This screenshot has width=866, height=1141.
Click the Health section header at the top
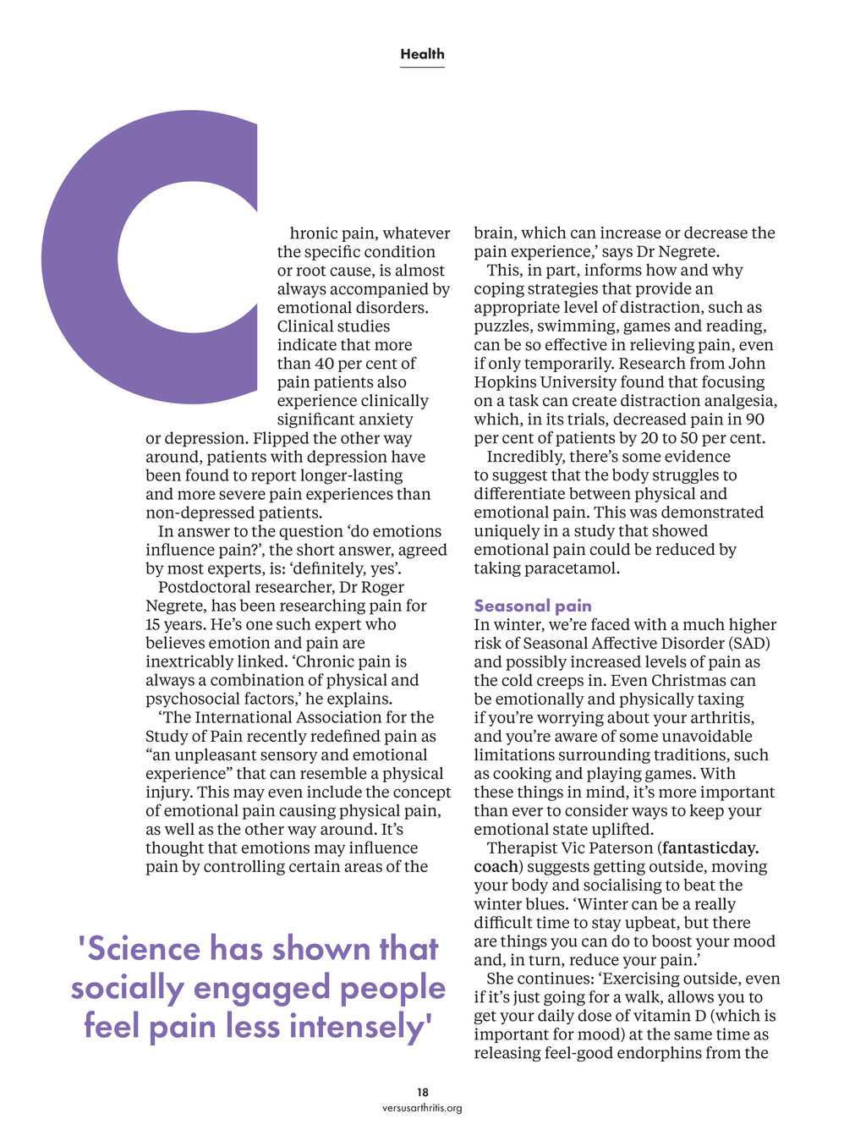(422, 54)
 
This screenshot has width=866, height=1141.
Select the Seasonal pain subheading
(533, 606)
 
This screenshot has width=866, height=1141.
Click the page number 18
(422, 1093)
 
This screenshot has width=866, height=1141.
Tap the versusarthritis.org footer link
(422, 1108)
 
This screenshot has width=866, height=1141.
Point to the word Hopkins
(506, 382)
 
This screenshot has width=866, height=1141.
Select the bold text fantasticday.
(710, 848)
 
